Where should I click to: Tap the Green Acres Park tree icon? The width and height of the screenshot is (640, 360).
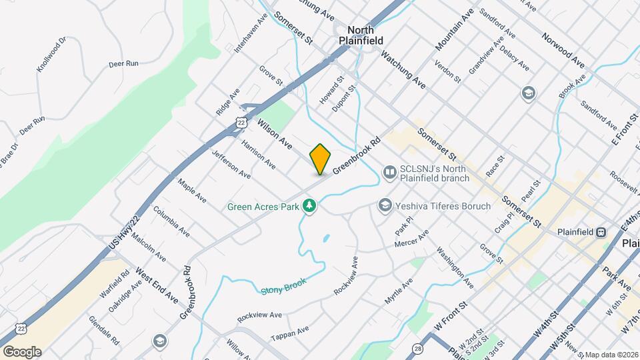(309, 206)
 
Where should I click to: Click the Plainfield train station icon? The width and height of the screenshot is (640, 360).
(601, 232)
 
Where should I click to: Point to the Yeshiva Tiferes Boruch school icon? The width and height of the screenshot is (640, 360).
(384, 206)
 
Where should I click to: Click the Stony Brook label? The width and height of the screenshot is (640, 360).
(282, 285)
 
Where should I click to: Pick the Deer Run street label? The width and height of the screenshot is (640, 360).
(123, 65)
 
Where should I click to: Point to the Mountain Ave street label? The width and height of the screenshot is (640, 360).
(455, 30)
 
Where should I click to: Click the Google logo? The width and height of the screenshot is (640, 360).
(21, 351)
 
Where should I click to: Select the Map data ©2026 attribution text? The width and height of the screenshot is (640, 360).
(609, 354)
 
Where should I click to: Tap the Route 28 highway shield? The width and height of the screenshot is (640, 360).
(418, 348)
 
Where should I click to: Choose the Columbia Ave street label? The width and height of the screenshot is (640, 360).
(171, 221)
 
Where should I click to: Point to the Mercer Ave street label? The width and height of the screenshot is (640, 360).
(411, 239)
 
